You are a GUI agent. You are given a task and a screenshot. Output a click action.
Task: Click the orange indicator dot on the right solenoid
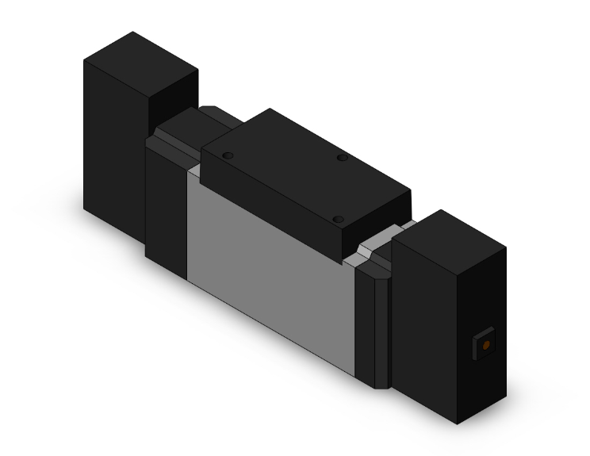point(484,345)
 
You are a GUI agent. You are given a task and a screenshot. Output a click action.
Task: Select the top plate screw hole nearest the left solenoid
point(228,155)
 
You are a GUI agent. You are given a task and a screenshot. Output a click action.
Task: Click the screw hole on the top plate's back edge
point(342,158)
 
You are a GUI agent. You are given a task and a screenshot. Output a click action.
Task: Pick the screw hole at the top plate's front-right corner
point(338,219)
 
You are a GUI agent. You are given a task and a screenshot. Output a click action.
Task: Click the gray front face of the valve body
point(270,262)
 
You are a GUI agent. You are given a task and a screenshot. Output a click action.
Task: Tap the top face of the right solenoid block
point(449,230)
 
